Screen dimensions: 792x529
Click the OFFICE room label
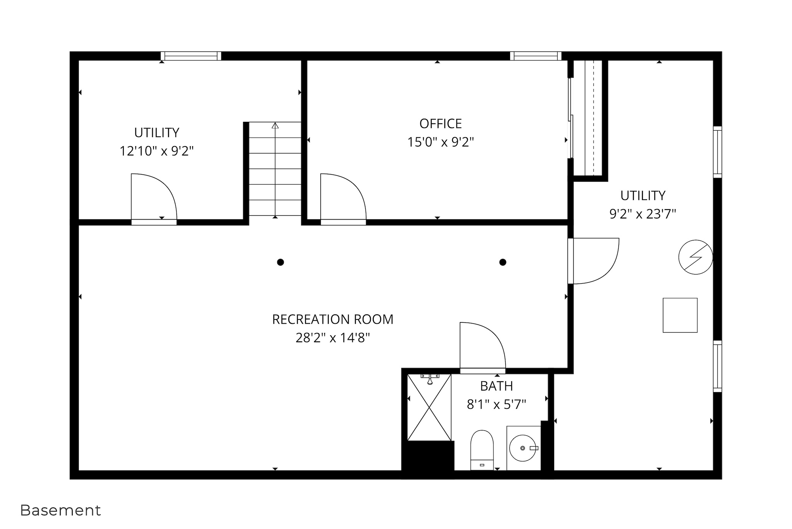click(x=440, y=124)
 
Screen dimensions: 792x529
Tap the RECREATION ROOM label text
click(x=333, y=319)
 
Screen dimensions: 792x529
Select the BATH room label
click(x=497, y=386)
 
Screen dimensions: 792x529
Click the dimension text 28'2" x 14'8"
click(x=333, y=338)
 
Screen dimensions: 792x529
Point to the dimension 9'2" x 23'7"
click(x=643, y=214)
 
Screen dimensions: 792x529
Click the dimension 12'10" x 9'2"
click(x=157, y=151)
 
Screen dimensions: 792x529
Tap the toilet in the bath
click(x=482, y=450)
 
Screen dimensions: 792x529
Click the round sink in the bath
click(x=523, y=448)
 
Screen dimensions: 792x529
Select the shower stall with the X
click(x=429, y=407)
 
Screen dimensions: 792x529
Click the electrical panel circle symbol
click(x=696, y=257)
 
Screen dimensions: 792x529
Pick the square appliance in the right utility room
click(x=680, y=315)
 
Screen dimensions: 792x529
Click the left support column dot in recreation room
click(x=280, y=262)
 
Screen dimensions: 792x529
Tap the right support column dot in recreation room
click(x=503, y=262)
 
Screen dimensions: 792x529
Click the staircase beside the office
click(x=275, y=169)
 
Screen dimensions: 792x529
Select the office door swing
click(x=343, y=197)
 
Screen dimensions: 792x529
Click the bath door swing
click(x=483, y=345)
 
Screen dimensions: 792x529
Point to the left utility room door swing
click(x=154, y=197)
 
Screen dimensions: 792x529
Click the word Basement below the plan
click(x=60, y=510)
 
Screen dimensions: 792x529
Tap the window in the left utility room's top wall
click(x=191, y=56)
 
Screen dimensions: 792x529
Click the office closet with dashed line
click(x=588, y=118)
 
